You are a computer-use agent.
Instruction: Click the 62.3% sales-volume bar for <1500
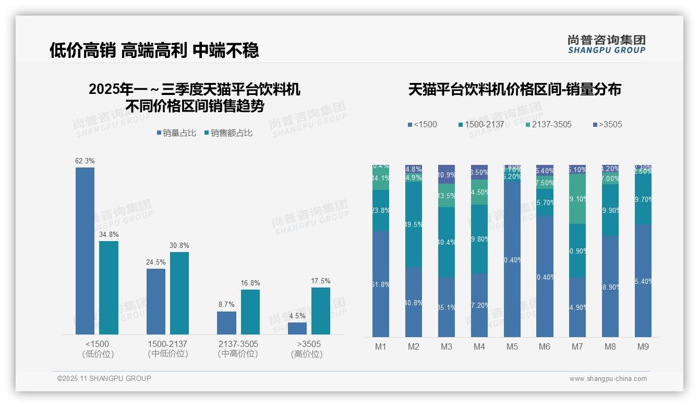click(85, 250)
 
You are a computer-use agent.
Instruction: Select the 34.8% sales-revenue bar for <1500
click(109, 288)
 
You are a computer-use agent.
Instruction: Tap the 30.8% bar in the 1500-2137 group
click(179, 293)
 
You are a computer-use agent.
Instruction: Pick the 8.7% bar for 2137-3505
click(226, 323)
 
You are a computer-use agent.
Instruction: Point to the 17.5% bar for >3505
click(321, 311)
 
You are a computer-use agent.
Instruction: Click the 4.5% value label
click(297, 316)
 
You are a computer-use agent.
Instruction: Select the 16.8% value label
click(250, 283)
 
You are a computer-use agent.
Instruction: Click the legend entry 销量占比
click(176, 133)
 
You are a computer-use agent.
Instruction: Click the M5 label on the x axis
click(512, 347)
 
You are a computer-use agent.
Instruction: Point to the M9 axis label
click(643, 347)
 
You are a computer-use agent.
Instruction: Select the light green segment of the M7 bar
click(577, 199)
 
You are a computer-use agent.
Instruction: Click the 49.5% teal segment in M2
click(414, 224)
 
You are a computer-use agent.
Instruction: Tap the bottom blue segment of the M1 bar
click(381, 284)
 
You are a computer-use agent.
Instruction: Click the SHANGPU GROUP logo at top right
click(606, 44)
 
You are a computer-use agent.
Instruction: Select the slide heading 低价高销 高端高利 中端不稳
click(154, 50)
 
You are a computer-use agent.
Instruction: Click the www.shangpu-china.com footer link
click(608, 379)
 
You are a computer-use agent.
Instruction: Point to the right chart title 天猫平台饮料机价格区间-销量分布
click(514, 89)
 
